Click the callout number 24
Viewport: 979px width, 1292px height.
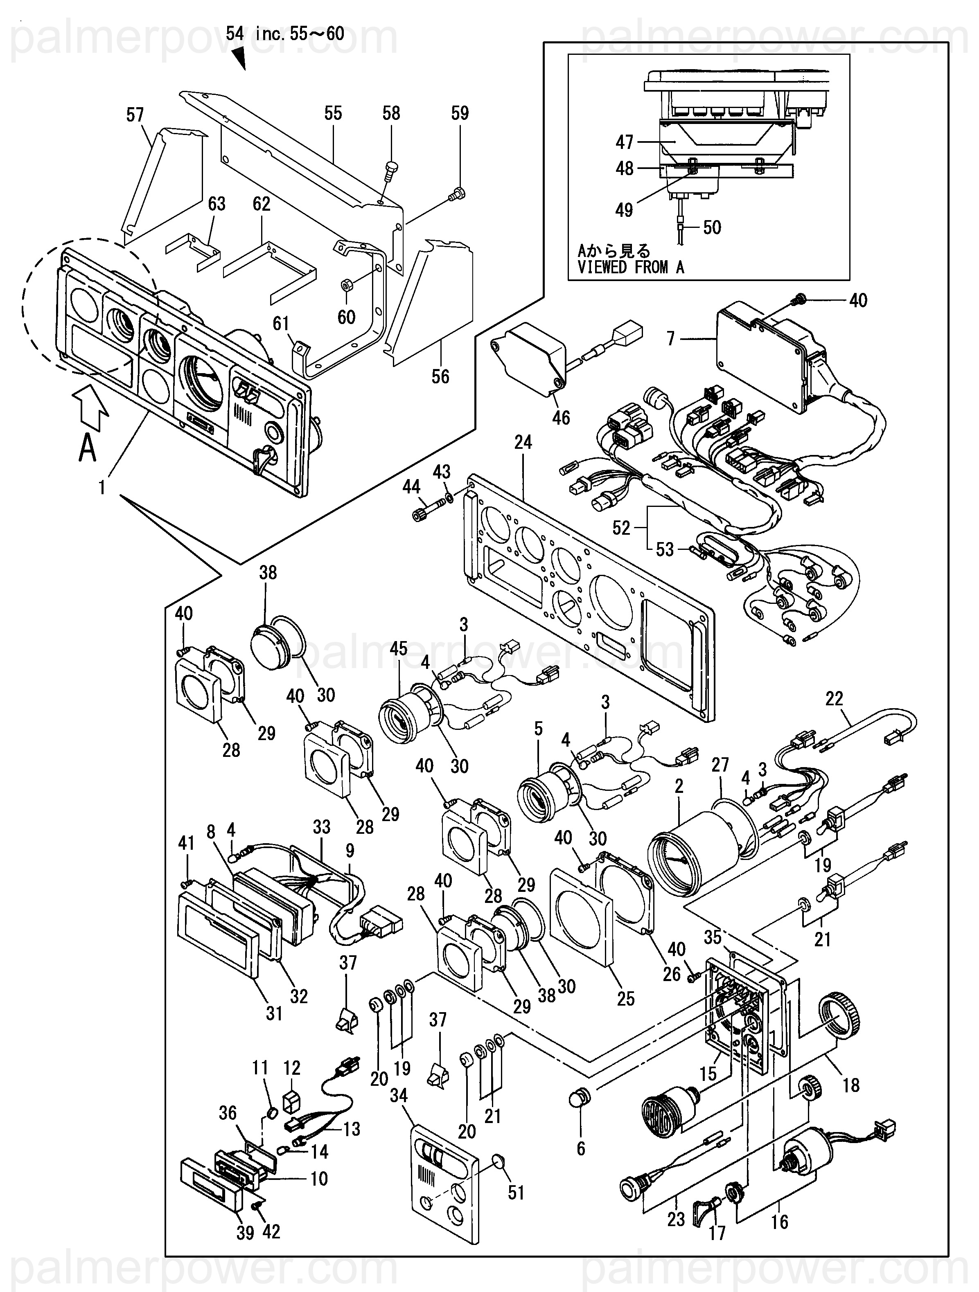tap(523, 442)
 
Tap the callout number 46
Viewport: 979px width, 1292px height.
tap(561, 418)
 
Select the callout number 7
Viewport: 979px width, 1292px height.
tap(671, 338)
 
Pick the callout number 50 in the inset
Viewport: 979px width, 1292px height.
tap(712, 227)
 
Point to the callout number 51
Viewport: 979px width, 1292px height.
tap(516, 1192)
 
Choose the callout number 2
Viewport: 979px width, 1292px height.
tap(679, 786)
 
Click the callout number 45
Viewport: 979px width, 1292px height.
tap(399, 648)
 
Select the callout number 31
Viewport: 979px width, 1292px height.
tap(274, 1013)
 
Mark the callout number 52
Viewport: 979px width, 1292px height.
tap(621, 528)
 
